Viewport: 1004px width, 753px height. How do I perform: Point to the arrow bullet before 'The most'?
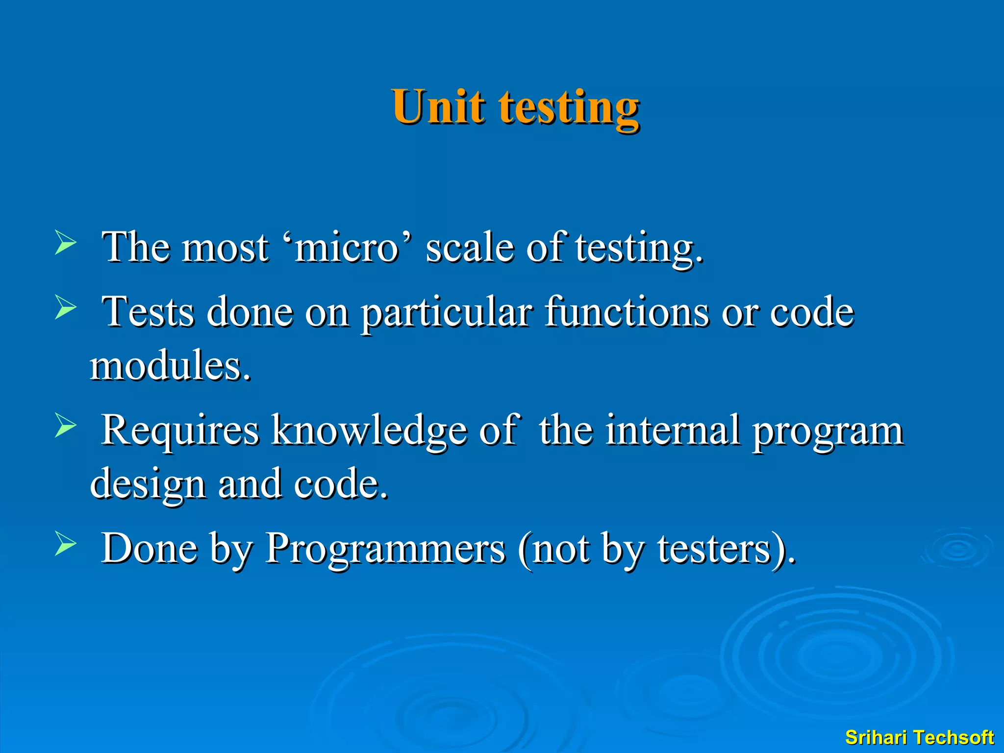[65, 243]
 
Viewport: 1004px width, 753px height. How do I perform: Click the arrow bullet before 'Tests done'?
[65, 307]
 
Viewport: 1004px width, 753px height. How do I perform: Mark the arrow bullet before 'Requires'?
[65, 425]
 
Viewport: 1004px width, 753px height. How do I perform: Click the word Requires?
[180, 430]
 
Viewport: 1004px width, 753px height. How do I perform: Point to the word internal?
[673, 430]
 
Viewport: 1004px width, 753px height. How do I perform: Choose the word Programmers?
[385, 549]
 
